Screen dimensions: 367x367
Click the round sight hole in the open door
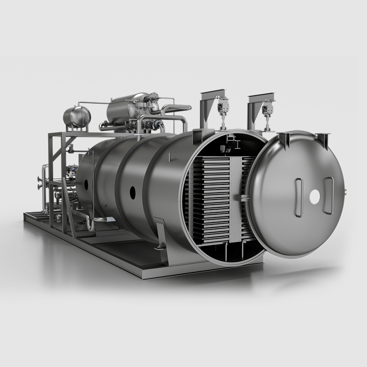coord(315,197)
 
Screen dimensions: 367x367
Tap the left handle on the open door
coord(299,198)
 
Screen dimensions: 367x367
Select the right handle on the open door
coord(328,196)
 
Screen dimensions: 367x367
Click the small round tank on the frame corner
coord(77,117)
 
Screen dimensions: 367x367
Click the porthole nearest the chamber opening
coord(133,192)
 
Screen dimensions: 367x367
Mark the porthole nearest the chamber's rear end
coord(86,184)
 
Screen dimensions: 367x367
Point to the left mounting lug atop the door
coord(285,138)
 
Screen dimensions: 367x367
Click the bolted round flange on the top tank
coord(154,98)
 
